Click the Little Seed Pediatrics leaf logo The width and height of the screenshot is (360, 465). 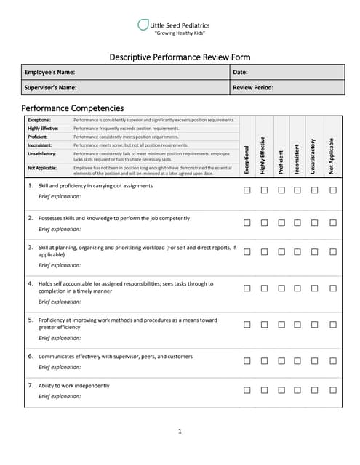pos(143,25)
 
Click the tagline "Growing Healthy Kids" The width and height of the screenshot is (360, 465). pos(180,34)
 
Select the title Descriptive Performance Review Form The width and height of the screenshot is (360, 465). pos(180,57)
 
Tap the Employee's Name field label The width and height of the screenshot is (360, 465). pos(49,72)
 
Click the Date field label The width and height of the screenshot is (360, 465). pos(240,72)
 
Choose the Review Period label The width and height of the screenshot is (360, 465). pos(253,87)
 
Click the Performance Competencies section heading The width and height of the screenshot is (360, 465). pos(73,108)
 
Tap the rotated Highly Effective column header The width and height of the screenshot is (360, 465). pos(263,154)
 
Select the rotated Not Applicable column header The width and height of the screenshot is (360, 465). pos(332,155)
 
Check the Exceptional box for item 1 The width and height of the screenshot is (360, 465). pos(247,190)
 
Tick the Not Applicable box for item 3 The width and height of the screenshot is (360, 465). pos(332,251)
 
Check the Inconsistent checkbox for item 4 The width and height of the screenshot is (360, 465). pos(297,288)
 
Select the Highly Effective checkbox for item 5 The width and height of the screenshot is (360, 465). pos(263,324)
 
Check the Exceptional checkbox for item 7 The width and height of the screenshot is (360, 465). pos(247,389)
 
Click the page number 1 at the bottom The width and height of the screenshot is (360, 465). pos(180,432)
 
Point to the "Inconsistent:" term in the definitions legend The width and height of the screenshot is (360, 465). pos(41,145)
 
